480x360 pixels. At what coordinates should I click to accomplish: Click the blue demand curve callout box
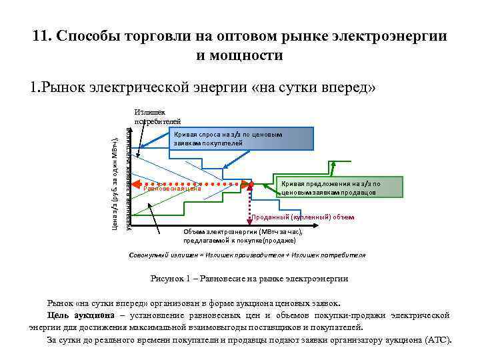tap(242, 139)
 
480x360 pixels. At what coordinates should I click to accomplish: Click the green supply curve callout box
tap(339, 187)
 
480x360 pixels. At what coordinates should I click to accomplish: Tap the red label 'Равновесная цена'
tap(172, 188)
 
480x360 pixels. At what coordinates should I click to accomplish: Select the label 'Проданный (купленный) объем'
tap(303, 217)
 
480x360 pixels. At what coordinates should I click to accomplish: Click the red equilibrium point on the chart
tap(250, 182)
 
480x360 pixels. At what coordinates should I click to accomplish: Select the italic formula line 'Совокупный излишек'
tap(246, 255)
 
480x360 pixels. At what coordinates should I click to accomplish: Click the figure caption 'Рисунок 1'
tap(249, 279)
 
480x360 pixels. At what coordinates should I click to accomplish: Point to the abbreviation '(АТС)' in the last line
tap(438, 339)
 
